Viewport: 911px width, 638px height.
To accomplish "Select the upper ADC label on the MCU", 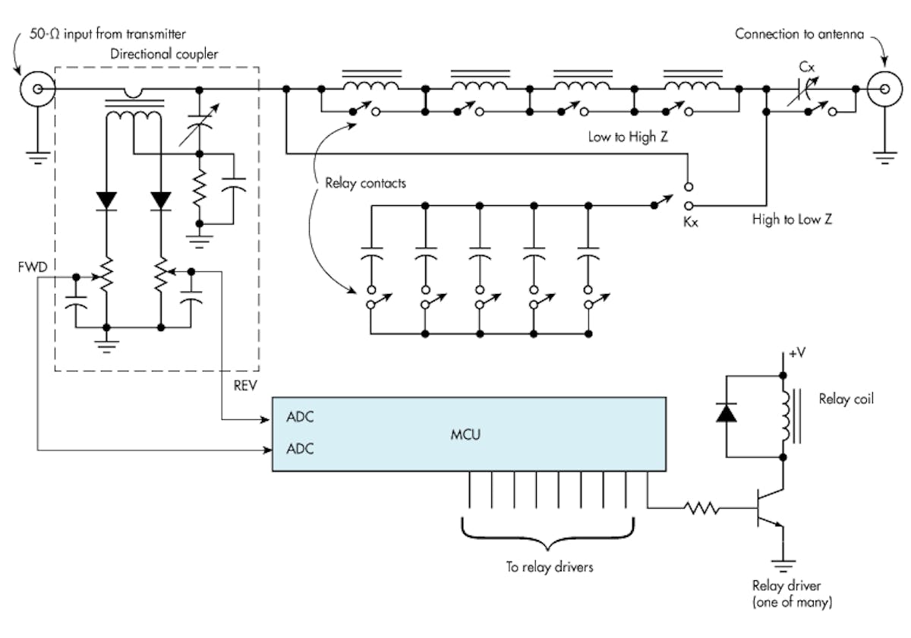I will tap(300, 417).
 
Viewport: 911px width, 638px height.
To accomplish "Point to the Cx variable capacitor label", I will tap(808, 67).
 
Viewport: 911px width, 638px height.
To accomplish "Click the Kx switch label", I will tap(690, 226).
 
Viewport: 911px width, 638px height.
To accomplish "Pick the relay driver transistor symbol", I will tap(768, 514).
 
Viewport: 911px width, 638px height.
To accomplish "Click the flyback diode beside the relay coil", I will tap(727, 413).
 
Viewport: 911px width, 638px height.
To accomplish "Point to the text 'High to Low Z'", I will tap(790, 220).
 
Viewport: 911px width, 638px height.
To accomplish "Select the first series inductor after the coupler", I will tap(372, 84).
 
